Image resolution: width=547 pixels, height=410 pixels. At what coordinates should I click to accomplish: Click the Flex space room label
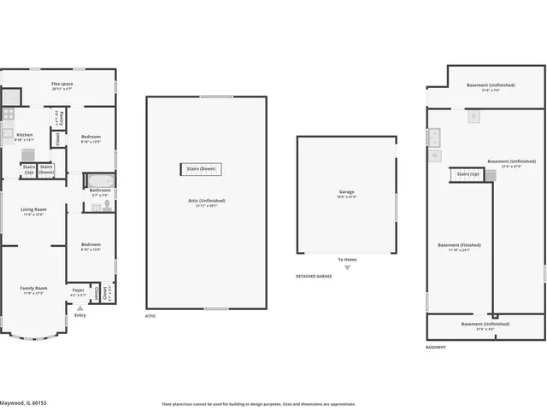62,84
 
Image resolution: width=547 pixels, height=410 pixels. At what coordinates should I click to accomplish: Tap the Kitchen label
25,135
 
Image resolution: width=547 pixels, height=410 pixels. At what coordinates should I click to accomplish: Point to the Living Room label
33,209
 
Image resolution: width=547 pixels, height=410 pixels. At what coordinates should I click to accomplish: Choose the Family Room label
33,288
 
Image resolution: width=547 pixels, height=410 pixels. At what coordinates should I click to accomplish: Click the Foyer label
79,290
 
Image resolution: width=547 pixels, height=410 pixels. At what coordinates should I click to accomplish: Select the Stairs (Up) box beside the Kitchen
28,169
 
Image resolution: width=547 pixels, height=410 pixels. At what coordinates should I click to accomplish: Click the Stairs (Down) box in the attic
201,169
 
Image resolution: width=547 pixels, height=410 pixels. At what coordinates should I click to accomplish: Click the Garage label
346,192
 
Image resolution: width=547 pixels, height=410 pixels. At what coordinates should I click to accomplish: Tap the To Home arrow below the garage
347,266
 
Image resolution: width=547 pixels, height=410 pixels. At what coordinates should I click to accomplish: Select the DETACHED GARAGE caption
314,276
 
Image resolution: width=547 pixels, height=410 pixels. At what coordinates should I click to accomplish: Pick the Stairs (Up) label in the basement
468,174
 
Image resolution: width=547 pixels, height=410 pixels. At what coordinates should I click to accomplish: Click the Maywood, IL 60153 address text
23,403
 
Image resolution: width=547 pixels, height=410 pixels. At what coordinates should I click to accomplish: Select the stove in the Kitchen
8,114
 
